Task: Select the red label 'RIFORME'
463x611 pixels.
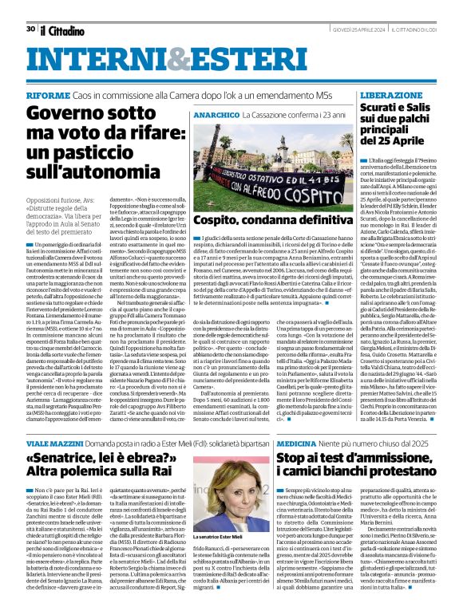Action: pos(47,95)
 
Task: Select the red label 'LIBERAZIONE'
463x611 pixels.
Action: pos(392,95)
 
